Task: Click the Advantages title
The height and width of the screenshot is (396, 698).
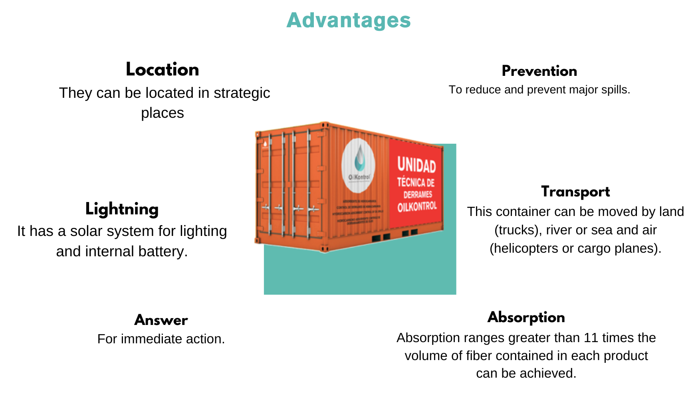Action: click(x=349, y=20)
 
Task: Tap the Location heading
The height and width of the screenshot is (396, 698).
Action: click(x=162, y=69)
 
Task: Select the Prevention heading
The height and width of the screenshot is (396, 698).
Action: click(x=539, y=71)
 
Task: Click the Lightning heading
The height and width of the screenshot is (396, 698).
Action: click(x=122, y=209)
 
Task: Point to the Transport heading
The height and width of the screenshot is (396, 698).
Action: click(x=575, y=192)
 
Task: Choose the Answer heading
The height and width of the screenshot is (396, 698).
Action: click(x=161, y=320)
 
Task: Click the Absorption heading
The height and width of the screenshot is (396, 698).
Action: click(x=526, y=317)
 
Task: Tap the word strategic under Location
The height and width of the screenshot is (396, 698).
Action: click(x=242, y=93)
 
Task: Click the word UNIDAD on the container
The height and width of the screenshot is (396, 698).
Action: click(x=416, y=164)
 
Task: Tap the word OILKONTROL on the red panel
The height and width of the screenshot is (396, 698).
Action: click(x=417, y=206)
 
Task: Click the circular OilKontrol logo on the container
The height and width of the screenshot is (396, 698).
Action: click(x=358, y=166)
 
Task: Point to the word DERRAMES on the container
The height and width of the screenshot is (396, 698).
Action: click(x=418, y=194)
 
